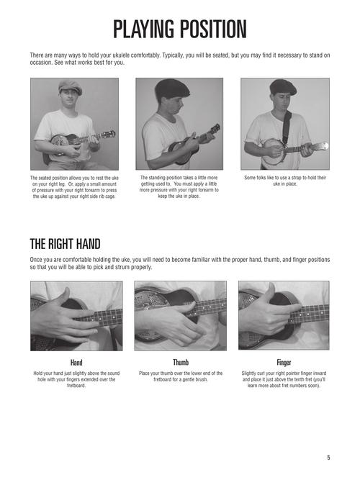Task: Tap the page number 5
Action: [x=327, y=458]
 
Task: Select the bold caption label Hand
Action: [x=76, y=362]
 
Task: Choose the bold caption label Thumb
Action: [x=181, y=362]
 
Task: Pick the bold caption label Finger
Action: [x=284, y=362]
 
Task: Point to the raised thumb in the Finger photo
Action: [x=272, y=294]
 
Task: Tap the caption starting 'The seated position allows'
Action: [x=76, y=186]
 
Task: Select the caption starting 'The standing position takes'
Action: [x=179, y=186]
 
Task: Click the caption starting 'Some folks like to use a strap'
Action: [x=284, y=180]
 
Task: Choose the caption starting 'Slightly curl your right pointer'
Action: [x=284, y=379]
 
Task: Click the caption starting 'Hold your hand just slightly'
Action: [x=76, y=379]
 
